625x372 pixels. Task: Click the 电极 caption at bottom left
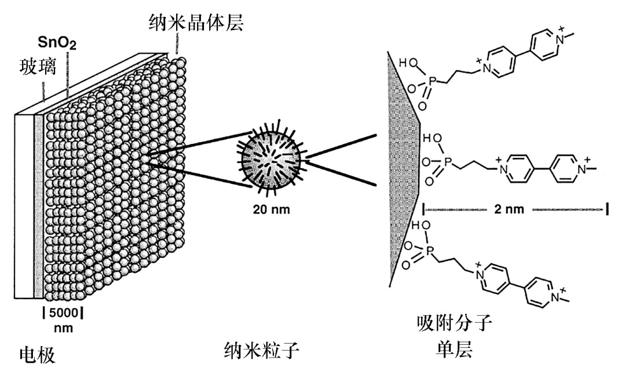pos(38,353)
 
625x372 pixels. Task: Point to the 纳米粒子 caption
pos(264,349)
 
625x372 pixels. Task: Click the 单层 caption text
pos(455,349)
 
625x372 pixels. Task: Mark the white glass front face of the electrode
pos(25,208)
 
